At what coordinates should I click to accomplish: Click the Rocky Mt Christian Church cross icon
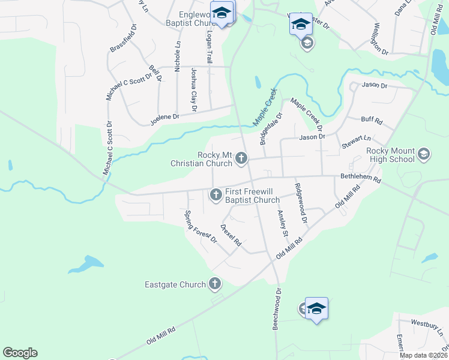tap(241, 158)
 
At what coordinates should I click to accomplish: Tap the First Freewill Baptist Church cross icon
tap(215, 194)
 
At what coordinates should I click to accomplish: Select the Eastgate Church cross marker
tap(215, 284)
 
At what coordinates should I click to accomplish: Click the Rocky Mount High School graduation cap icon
tap(424, 154)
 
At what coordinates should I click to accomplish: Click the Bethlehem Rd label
tap(360, 179)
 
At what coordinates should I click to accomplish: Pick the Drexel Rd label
tap(231, 236)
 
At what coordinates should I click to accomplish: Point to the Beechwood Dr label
tap(277, 310)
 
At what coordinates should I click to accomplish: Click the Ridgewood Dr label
tap(301, 203)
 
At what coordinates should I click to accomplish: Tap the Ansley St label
tap(283, 223)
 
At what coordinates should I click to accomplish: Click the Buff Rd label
tap(372, 121)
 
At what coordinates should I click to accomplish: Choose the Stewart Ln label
tap(357, 142)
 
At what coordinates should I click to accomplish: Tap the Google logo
tap(20, 353)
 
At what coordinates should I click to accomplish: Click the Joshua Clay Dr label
tap(193, 90)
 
